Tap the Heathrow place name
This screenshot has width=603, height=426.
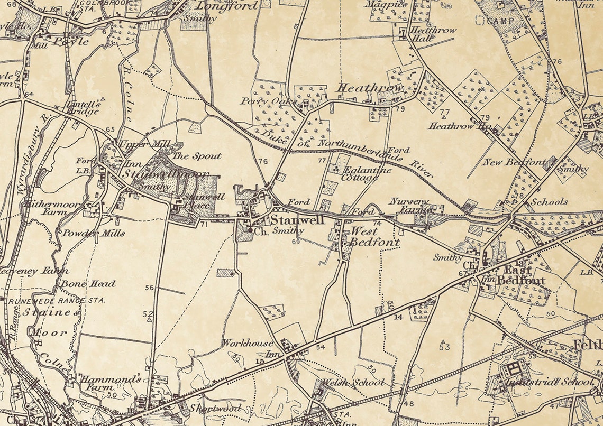370,88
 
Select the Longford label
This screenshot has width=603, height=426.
227,6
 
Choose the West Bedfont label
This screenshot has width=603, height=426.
370,237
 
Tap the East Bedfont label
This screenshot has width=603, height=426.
520,275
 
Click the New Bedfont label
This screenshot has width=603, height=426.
513,162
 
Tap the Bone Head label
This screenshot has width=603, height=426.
87,284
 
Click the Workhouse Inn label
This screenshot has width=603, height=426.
248,348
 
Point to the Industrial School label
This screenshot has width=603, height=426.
550,382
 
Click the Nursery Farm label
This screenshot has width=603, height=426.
409,206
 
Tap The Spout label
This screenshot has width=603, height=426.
197,156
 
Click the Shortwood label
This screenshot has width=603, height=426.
215,408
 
